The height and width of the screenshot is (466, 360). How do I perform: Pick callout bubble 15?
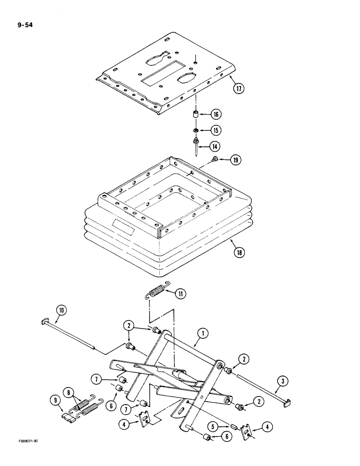(216, 130)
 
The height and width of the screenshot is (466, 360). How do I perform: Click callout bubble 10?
(61, 309)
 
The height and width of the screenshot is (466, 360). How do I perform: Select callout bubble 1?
(202, 333)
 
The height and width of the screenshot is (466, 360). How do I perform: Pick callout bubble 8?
(72, 393)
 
